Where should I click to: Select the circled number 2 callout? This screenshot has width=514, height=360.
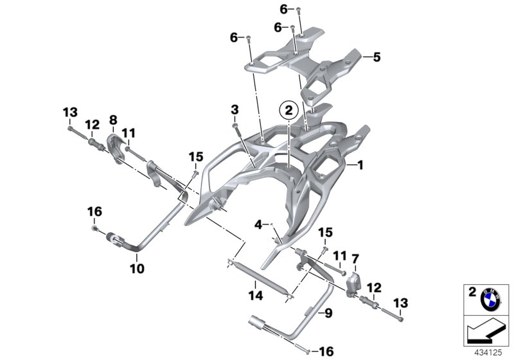288,111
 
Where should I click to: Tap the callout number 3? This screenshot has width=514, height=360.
235,109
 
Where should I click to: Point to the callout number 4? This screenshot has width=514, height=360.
258,224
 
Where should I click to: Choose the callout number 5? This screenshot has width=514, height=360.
377,57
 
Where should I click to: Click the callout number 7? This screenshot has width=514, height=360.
355,258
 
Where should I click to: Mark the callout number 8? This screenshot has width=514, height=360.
113,120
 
